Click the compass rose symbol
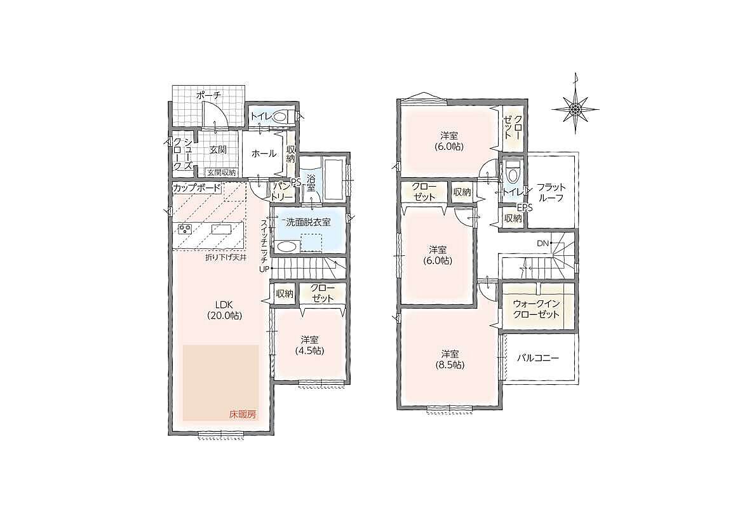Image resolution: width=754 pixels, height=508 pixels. point(576,109)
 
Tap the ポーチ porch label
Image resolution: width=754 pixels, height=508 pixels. point(209,96)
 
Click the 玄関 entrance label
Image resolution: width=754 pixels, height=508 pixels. point(218,149)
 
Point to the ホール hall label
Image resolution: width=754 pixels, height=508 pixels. point(264,154)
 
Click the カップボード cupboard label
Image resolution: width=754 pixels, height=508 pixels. point(197,188)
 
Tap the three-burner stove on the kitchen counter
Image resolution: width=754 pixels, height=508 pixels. point(185,229)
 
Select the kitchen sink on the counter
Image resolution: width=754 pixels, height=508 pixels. point(222,229)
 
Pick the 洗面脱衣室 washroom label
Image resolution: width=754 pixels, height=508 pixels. point(308,222)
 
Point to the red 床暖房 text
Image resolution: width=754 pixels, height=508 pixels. point(243,414)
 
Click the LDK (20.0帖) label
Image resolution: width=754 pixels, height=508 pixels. point(224,309)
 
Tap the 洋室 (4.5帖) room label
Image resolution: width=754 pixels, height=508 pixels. point(310,345)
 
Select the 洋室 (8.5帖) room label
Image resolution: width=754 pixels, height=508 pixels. point(450,359)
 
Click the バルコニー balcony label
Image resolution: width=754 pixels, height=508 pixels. point(538,359)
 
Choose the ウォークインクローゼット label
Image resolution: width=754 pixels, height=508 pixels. point(536,309)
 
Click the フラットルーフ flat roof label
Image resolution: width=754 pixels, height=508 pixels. point(551,192)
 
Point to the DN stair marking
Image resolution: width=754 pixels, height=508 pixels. point(542,243)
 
